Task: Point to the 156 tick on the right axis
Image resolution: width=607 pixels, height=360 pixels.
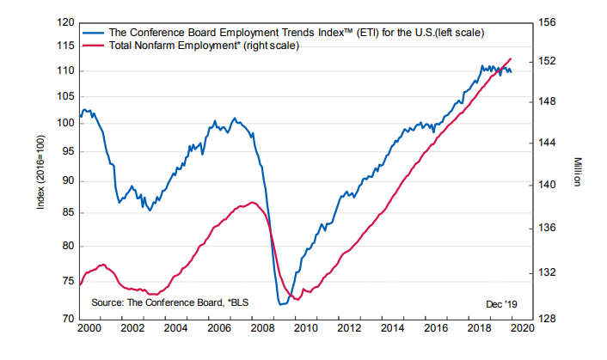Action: [x=551, y=23]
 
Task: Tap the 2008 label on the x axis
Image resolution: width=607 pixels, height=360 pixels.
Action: [x=263, y=328]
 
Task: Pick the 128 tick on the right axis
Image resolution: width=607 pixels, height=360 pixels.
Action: [x=551, y=319]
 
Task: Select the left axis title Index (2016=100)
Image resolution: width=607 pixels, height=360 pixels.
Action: [x=40, y=172]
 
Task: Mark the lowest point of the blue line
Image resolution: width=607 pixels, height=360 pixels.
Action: [x=281, y=303]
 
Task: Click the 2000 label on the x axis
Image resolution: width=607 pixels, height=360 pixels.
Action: [x=87, y=328]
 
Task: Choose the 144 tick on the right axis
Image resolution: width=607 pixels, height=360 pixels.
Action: [x=551, y=143]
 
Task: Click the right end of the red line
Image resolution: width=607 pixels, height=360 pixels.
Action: [x=512, y=58]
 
